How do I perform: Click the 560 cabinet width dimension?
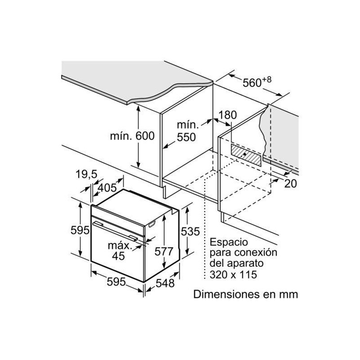pos(252,83)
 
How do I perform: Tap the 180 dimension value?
pos(227,115)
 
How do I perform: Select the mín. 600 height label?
pos(132,136)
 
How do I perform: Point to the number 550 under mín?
pos(186,137)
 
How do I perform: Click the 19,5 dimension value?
pos(86,174)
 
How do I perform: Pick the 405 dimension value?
pos(107,188)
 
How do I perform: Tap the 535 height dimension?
pos(190,231)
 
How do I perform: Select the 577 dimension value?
pos(164,252)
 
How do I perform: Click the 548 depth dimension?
pos(165,283)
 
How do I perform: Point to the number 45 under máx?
pos(118,256)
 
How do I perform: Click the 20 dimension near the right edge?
pos(290,184)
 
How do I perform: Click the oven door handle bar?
pos(115,231)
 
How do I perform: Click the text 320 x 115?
pos(233,274)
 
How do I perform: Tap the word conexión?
pos(256,252)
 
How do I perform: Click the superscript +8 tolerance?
pos(266,80)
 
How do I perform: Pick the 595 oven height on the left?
pos(80,230)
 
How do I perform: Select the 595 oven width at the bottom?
pos(116,282)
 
